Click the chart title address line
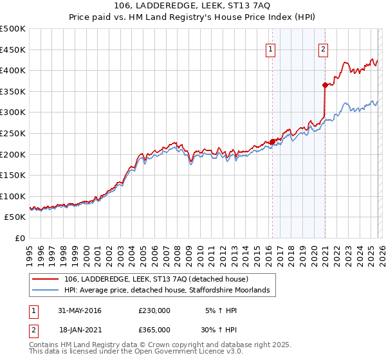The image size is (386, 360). click(x=192, y=6)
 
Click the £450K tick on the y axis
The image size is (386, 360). click(x=13, y=50)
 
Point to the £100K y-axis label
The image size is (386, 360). click(x=13, y=197)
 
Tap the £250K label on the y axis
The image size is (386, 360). click(x=13, y=134)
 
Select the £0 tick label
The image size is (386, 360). click(x=21, y=239)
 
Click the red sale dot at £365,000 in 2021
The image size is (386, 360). click(x=325, y=85)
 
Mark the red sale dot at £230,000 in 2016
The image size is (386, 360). click(x=272, y=141)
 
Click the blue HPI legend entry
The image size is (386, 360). click(x=170, y=291)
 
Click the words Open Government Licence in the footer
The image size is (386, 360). click(x=180, y=352)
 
